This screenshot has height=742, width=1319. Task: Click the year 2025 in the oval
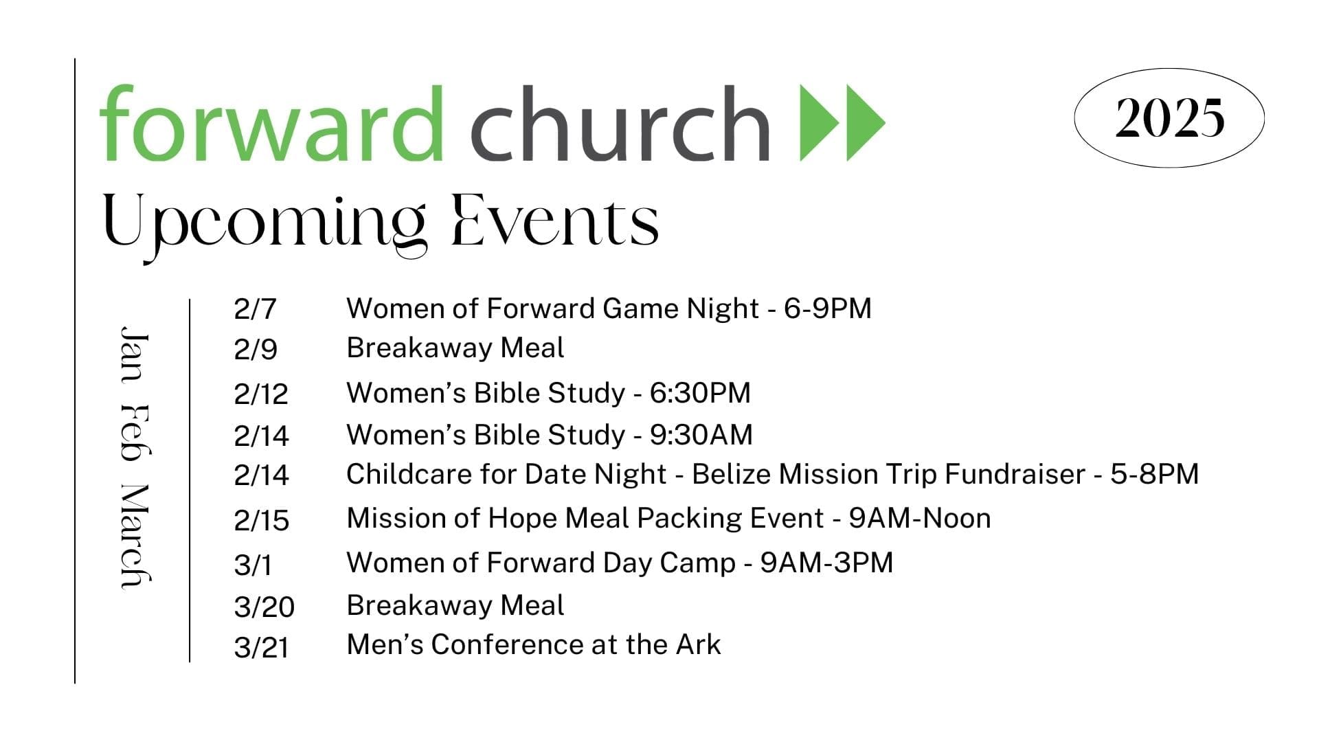[x=1169, y=117]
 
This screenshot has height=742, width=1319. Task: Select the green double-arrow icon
[x=843, y=123]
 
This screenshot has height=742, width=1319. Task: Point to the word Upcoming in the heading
[x=264, y=227]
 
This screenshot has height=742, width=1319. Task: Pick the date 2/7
[x=255, y=309]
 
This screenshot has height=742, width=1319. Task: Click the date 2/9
[x=256, y=350]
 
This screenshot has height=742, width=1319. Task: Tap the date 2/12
[x=261, y=394]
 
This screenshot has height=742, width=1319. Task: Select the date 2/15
[x=262, y=521]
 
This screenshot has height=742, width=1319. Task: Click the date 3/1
[x=253, y=565]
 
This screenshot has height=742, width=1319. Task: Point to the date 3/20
[x=264, y=607]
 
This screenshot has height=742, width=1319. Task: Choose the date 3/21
[x=262, y=648]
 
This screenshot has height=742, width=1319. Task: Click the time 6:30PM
[x=700, y=393]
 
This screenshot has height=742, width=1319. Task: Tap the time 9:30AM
[x=701, y=435]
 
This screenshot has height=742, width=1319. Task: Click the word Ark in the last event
[x=699, y=644]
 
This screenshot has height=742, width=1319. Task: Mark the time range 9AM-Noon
[x=920, y=518]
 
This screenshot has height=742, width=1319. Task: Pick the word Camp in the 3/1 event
[x=697, y=563]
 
